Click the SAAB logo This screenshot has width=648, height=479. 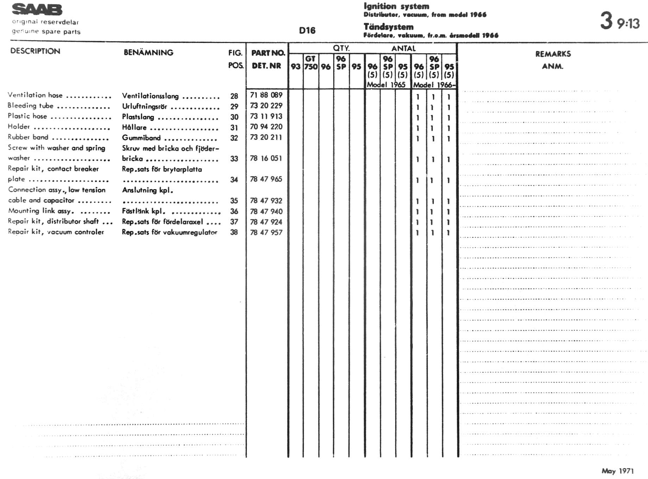(x=37, y=10)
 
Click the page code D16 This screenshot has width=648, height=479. (x=307, y=31)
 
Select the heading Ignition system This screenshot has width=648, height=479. (x=396, y=6)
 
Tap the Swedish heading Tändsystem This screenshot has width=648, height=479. (x=388, y=27)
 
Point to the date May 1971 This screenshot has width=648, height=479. (x=617, y=471)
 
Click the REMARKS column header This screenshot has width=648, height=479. (x=553, y=54)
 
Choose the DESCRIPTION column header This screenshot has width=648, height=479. (x=35, y=51)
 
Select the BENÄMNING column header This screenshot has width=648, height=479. (x=148, y=52)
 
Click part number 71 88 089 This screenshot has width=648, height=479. (x=266, y=95)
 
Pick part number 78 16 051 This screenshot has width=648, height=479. (x=266, y=158)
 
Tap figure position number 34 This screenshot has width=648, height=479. (x=234, y=180)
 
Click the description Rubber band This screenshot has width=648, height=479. (x=28, y=137)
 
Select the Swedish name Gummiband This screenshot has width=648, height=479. (x=141, y=138)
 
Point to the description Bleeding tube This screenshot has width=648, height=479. (x=31, y=106)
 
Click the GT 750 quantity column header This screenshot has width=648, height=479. (x=311, y=63)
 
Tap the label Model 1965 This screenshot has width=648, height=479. (x=386, y=85)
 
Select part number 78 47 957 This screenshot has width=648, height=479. (x=266, y=232)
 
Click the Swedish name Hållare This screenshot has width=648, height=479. (x=134, y=127)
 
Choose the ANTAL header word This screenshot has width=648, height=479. (x=404, y=48)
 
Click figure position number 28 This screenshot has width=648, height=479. (x=234, y=96)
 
